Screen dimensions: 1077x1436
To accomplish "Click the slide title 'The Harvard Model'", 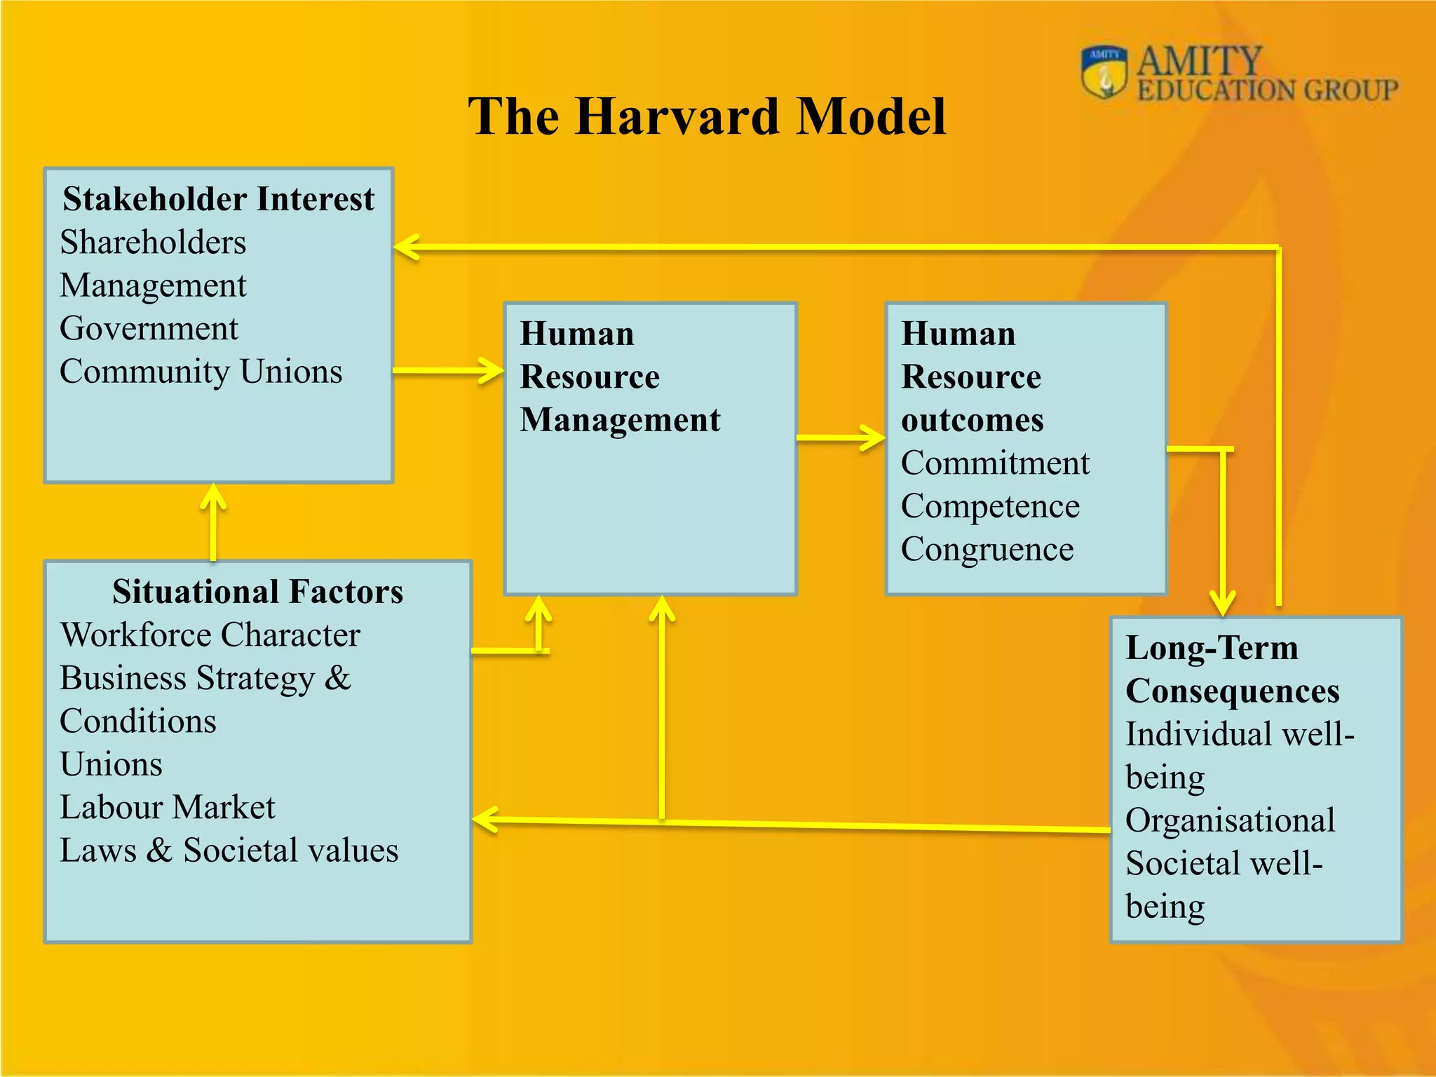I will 707,116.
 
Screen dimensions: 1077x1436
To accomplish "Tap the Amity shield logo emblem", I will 1104,72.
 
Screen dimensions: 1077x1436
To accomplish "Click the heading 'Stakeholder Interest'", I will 218,199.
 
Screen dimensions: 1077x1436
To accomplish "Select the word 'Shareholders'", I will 153,243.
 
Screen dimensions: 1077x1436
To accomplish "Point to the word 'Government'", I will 149,329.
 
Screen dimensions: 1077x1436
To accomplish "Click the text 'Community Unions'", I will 201,372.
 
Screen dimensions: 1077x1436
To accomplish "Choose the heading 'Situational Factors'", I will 257,592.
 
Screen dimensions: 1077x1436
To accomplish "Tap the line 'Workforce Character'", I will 210,635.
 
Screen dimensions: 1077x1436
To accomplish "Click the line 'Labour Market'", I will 167,808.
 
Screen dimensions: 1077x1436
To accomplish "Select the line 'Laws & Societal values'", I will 229,851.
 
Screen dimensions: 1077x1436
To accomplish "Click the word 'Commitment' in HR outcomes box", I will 995,463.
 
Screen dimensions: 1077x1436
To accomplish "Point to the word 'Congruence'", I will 987,550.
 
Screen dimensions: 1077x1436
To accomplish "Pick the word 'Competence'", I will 989,506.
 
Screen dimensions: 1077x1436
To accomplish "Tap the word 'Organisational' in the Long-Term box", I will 1230,821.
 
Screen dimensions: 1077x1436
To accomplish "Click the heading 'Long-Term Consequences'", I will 1232,670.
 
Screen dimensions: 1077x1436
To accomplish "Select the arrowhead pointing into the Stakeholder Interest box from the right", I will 407,248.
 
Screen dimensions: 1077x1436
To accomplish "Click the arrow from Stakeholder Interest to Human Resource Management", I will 449,370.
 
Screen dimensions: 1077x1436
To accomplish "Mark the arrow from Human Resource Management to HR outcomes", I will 841,438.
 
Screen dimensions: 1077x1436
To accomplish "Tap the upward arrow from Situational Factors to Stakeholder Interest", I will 213,522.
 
